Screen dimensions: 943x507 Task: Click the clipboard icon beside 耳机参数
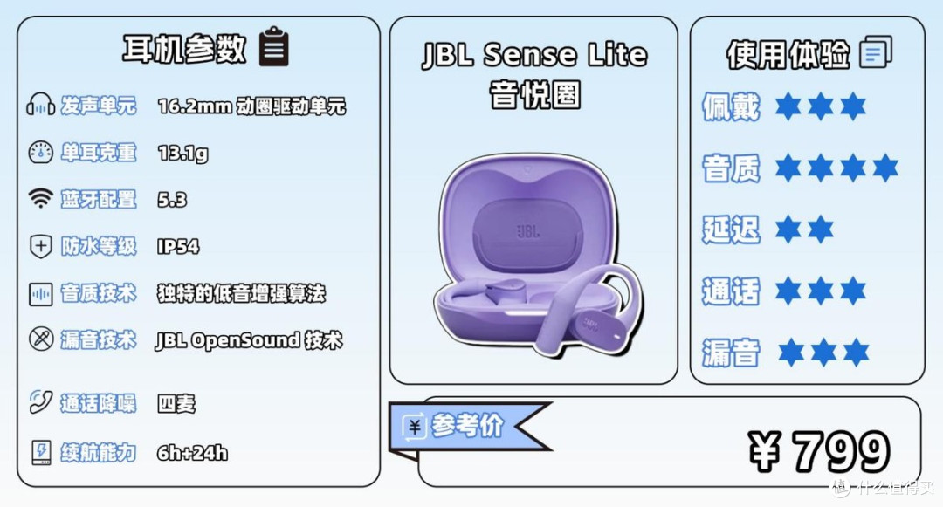tap(273, 46)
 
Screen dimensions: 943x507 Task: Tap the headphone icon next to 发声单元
tap(40, 105)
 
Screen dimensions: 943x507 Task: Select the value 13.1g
tap(182, 154)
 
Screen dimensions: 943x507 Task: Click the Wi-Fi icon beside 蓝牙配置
tap(40, 197)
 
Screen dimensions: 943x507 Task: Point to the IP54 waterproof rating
tap(178, 246)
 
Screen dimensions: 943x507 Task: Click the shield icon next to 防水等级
tap(40, 246)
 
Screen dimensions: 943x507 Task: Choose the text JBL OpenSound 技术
tap(249, 340)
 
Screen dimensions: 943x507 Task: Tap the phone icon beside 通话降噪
tap(40, 402)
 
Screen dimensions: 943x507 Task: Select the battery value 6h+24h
tap(192, 452)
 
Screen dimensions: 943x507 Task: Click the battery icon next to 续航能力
tap(41, 452)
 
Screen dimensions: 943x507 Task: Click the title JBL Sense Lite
tap(534, 55)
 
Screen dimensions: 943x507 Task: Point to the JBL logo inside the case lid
tap(528, 231)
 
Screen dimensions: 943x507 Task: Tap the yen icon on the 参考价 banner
tap(415, 427)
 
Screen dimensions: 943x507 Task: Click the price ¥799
tap(818, 451)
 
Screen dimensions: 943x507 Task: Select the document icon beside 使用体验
tap(876, 51)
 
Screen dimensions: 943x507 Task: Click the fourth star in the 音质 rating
tap(884, 168)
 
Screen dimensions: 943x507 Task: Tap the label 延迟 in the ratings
tap(731, 230)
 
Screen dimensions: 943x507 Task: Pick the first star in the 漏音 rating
tap(791, 352)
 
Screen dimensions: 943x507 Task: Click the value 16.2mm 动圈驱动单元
tap(251, 106)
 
